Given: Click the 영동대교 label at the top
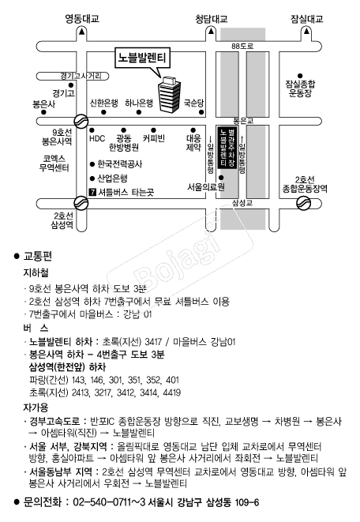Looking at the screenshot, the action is [82, 19].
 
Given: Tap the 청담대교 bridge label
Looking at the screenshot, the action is [212, 19].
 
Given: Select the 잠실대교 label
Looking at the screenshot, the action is [307, 19].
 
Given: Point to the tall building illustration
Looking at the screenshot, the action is [170, 94].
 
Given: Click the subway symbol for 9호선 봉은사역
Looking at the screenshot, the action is [81, 121].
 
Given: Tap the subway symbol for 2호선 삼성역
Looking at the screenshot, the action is [81, 203].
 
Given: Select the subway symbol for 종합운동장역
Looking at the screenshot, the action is [303, 203].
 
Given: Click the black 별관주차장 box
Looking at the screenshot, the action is [227, 147].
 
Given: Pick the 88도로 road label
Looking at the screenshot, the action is [242, 46].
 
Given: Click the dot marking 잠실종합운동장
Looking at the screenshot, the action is [300, 76].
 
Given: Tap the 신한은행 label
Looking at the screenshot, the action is [103, 103].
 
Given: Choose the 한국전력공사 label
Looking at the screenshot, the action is [120, 164].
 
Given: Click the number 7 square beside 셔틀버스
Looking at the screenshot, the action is [93, 192].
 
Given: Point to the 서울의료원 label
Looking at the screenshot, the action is [206, 187].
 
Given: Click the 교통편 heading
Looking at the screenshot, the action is [38, 256].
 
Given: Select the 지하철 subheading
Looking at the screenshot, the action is [36, 273].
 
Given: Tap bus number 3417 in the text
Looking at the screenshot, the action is [153, 342].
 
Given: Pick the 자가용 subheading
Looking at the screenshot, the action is [36, 407].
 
